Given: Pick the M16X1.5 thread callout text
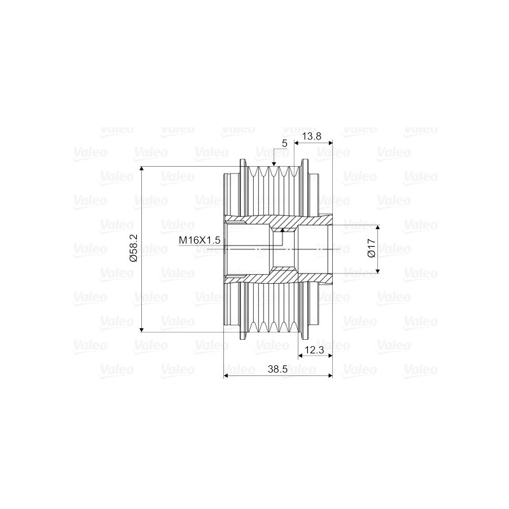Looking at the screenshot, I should click(199, 241).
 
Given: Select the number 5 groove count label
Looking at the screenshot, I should click(284, 144).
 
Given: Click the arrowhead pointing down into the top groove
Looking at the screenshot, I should click(273, 164).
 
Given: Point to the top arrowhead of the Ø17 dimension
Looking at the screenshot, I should click(378, 228).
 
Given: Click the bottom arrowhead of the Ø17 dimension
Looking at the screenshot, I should click(378, 268).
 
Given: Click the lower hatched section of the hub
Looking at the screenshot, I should click(280, 274).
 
